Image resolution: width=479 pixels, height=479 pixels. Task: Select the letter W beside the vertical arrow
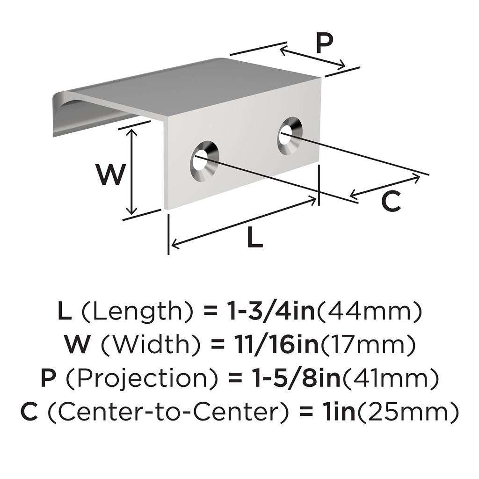(111, 174)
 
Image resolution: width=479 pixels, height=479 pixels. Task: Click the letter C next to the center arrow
(391, 202)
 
